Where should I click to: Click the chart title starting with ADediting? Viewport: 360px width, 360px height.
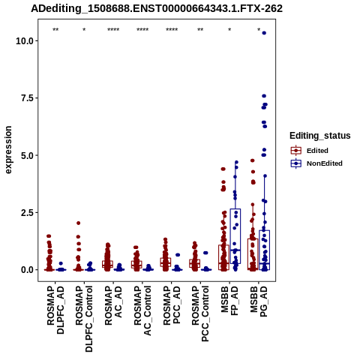(157, 9)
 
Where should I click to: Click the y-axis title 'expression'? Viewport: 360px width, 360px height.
(8, 150)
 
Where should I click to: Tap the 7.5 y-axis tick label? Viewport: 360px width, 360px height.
(28, 98)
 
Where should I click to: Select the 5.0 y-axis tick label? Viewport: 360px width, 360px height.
(28, 155)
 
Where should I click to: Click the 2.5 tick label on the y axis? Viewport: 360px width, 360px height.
(28, 212)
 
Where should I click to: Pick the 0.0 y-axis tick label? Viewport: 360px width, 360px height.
(28, 270)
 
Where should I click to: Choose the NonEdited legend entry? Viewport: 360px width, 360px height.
(316, 163)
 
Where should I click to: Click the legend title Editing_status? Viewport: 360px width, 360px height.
(320, 136)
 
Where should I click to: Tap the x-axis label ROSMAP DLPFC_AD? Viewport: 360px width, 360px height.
(55, 310)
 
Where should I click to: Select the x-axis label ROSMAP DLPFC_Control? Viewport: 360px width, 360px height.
(84, 319)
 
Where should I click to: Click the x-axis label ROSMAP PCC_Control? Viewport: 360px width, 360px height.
(200, 313)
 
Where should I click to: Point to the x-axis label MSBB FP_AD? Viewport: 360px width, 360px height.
(229, 301)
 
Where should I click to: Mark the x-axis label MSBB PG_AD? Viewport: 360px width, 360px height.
(259, 301)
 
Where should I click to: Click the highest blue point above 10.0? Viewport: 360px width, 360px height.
(264, 33)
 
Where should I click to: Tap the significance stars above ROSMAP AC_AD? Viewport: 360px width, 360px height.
(113, 30)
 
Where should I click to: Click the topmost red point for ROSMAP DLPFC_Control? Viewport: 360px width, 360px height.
(78, 223)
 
